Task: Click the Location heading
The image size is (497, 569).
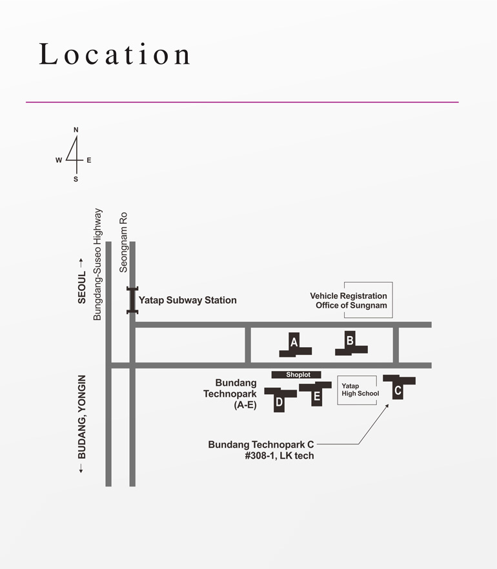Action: tap(115, 54)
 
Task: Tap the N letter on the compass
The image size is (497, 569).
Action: tap(76, 130)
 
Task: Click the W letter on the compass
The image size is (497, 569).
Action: tap(59, 160)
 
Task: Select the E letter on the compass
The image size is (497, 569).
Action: tap(89, 160)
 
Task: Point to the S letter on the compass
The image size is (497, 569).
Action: tap(76, 179)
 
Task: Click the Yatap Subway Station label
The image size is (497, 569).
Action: tap(188, 300)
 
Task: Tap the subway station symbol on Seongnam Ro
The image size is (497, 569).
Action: tap(132, 300)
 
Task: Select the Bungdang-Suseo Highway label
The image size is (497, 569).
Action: tap(97, 265)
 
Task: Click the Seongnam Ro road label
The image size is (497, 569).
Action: tap(123, 243)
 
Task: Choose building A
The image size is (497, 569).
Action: tap(295, 344)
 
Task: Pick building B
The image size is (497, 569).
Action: tap(350, 343)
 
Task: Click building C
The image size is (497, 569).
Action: tap(398, 387)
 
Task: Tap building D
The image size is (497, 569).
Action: tap(279, 399)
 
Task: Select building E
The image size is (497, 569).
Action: tap(316, 394)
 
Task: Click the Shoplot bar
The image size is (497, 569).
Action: tap(296, 374)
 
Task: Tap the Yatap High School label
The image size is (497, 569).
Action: tap(360, 390)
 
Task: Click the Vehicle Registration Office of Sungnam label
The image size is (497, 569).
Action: tap(349, 301)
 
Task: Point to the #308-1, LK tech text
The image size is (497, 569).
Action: tap(279, 455)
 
